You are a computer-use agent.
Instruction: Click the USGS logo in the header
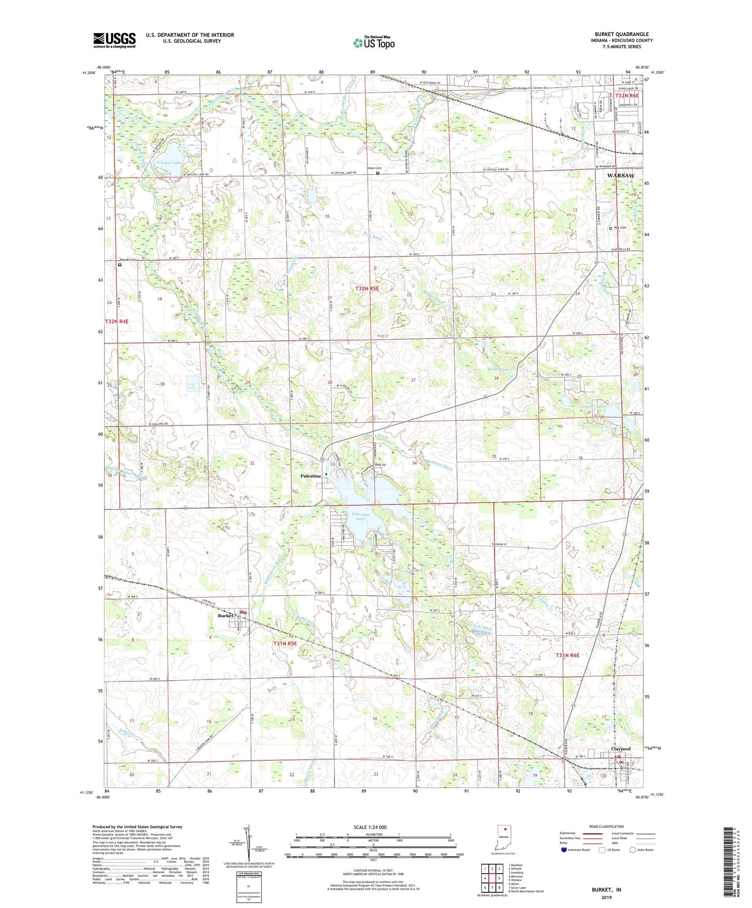[114, 40]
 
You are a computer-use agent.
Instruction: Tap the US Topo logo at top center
[373, 43]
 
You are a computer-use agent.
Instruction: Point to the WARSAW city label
[621, 176]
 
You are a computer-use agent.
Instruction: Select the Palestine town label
[311, 476]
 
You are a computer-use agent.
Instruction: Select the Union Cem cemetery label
[374, 168]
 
